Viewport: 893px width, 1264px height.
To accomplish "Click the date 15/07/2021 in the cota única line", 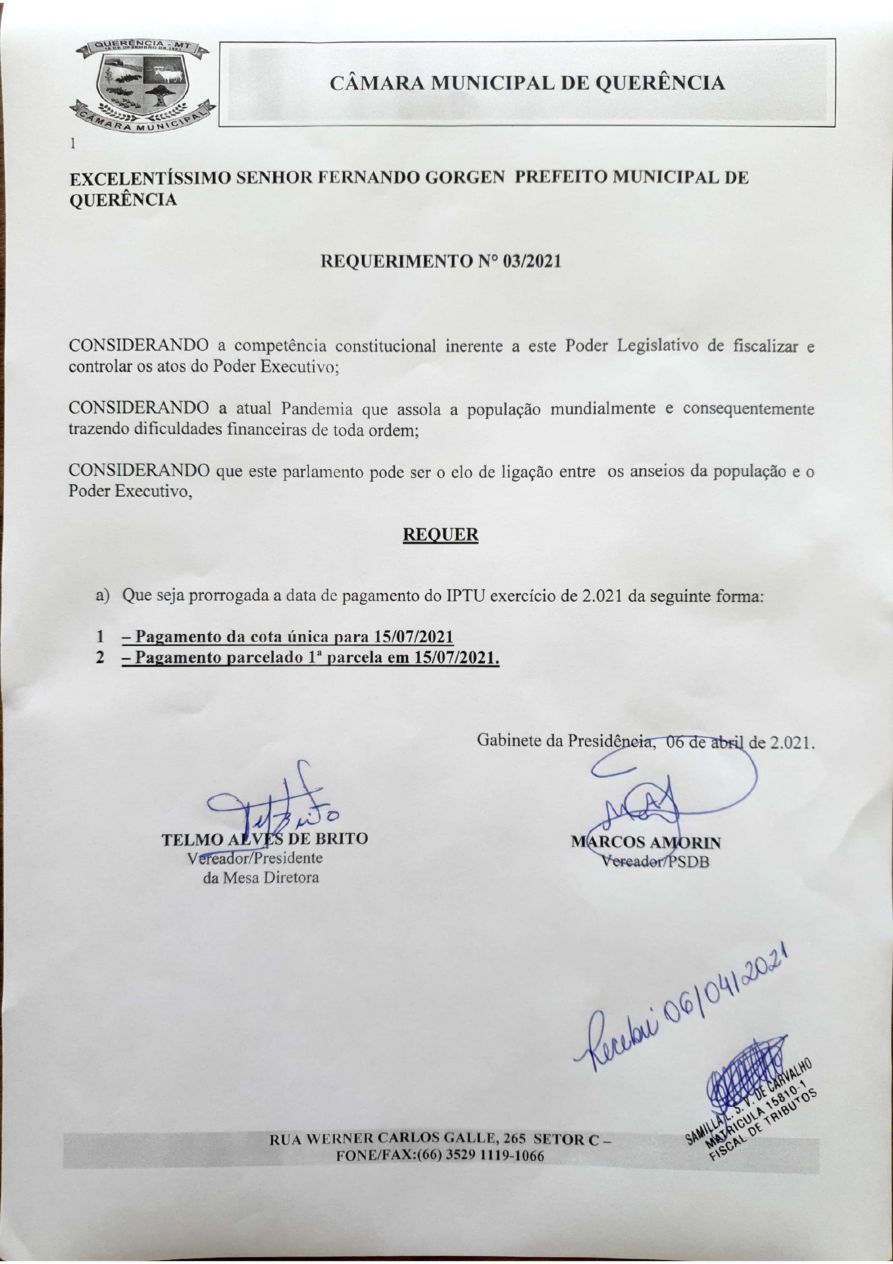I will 414,637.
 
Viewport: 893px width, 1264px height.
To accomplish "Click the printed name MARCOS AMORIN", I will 645,842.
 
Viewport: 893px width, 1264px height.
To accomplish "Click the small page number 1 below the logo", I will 73,144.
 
